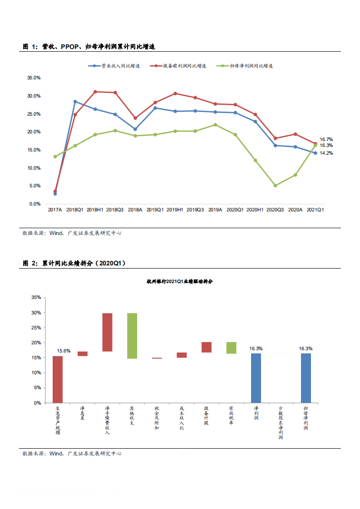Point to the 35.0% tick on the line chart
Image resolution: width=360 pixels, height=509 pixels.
(34, 78)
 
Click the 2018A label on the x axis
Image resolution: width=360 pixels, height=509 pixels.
(135, 210)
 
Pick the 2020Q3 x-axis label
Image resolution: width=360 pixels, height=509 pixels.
(275, 210)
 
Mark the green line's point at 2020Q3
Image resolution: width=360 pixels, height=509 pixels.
(275, 186)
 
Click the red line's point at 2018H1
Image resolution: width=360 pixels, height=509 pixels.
(95, 92)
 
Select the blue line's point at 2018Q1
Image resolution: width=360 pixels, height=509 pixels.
(75, 102)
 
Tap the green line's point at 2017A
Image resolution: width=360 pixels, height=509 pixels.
(55, 157)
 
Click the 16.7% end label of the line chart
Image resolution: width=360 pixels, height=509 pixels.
(326, 139)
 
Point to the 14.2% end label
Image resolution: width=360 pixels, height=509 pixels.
(326, 153)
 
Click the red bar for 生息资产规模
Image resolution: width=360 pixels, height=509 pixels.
(58, 379)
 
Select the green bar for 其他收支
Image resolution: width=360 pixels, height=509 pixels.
(132, 336)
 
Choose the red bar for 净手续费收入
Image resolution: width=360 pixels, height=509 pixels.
(107, 332)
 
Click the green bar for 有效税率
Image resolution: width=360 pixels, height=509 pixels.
(232, 348)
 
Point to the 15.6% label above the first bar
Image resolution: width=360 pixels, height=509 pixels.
(63, 351)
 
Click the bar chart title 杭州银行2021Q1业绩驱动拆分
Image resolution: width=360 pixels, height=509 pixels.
(179, 282)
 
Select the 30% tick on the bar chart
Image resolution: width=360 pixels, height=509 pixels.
(36, 313)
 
